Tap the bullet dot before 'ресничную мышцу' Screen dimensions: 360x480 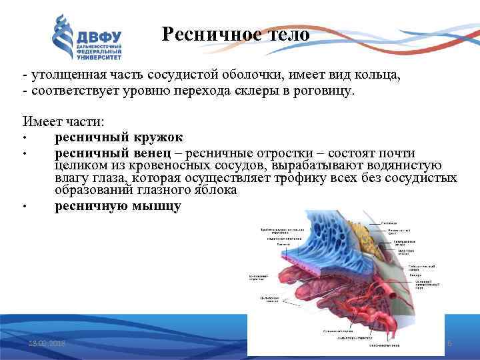(24, 207)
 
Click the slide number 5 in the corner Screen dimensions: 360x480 (449, 343)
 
